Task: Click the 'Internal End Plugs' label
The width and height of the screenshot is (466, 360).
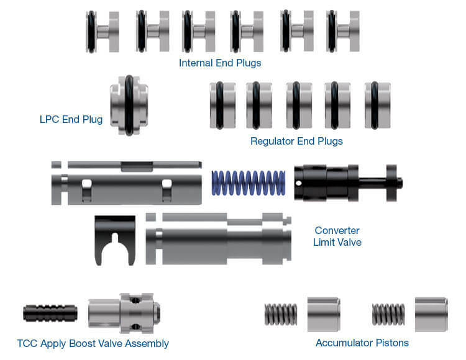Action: (x=220, y=63)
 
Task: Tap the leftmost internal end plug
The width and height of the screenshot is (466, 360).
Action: (x=103, y=32)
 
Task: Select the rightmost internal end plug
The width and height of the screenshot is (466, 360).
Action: (x=343, y=31)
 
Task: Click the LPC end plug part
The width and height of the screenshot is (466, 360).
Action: (x=129, y=106)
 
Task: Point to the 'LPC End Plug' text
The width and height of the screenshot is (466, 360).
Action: (x=71, y=119)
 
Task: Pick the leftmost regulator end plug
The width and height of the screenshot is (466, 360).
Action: (x=222, y=106)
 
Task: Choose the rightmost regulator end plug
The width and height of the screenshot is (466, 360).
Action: (x=377, y=106)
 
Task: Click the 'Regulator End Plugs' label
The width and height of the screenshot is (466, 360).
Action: (x=296, y=141)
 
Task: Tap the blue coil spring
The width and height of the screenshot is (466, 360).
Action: (x=249, y=183)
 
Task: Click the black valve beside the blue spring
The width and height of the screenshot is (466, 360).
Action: (x=349, y=183)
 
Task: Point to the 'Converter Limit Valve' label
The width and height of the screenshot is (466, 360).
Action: (x=337, y=236)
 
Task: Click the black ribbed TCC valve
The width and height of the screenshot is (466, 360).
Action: (x=50, y=313)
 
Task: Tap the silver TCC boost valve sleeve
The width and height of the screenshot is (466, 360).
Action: (x=124, y=313)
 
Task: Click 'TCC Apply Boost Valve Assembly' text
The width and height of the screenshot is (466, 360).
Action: (x=93, y=343)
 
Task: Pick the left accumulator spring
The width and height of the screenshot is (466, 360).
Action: (x=281, y=314)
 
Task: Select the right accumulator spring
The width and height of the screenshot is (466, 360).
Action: (x=388, y=314)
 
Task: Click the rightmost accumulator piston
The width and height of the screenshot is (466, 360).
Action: (x=432, y=314)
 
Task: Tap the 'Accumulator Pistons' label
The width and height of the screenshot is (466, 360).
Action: (x=362, y=343)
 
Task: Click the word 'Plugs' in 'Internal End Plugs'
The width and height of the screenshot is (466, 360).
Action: (x=249, y=63)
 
